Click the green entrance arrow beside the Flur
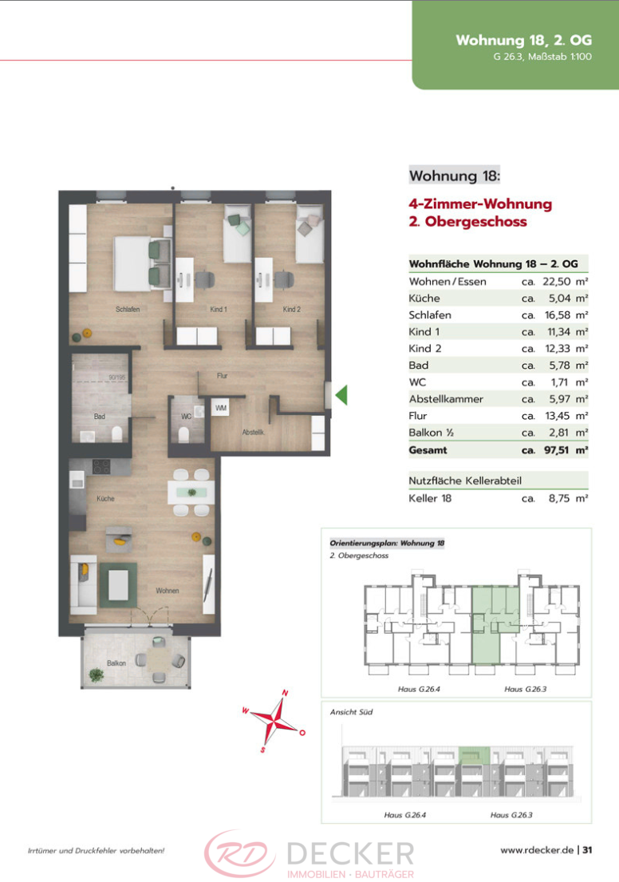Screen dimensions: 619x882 [341, 395]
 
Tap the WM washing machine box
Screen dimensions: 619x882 [220, 408]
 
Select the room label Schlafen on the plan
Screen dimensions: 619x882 [128, 310]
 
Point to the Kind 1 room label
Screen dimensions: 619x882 [218, 310]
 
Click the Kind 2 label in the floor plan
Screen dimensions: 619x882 [292, 310]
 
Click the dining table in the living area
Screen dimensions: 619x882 [191, 492]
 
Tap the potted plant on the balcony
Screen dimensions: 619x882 [97, 674]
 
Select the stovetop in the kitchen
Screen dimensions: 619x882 [101, 467]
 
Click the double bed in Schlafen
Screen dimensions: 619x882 [143, 263]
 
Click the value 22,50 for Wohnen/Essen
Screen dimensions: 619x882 [557, 282]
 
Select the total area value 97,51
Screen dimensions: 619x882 [556, 450]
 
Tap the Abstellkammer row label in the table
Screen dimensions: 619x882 [446, 399]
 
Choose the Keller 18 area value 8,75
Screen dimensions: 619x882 [559, 498]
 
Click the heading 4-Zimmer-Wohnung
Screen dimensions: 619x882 [480, 204]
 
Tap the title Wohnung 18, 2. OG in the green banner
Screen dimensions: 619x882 [523, 41]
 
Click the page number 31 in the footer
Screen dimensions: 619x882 [587, 850]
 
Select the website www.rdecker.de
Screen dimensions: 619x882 [537, 850]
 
